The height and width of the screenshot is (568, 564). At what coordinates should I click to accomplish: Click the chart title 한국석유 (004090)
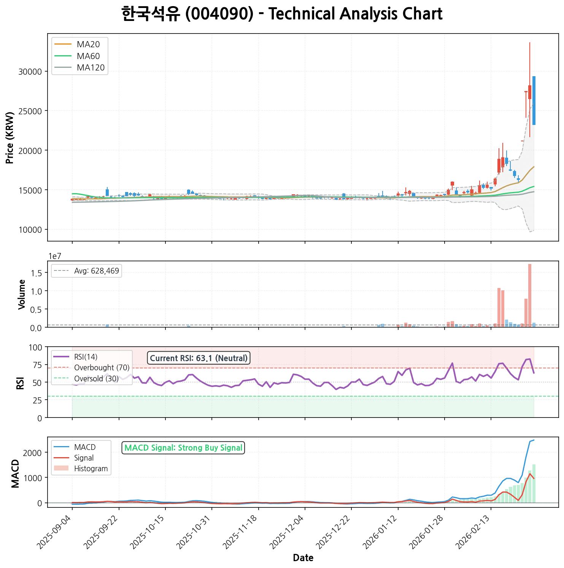[x=282, y=14]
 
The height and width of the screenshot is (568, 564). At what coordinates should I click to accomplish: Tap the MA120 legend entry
[x=91, y=68]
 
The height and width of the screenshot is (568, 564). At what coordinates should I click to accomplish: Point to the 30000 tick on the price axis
[x=30, y=72]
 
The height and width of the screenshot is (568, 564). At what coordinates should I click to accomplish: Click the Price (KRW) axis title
[x=10, y=138]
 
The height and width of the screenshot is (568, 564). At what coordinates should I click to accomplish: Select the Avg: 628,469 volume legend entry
[x=97, y=271]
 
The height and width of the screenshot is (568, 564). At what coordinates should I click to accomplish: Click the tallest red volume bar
[x=530, y=295]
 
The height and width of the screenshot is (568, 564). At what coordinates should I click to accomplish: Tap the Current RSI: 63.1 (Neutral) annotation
[x=199, y=358]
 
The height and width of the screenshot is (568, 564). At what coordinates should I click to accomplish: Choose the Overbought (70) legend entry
[x=102, y=368]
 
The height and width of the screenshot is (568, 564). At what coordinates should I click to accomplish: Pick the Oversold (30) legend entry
[x=96, y=379]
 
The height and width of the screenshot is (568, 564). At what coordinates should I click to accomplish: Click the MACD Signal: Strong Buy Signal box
[x=183, y=448]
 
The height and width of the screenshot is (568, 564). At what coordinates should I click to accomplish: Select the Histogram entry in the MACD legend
[x=91, y=469]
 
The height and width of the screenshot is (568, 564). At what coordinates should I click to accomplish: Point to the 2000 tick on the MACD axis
[x=34, y=453]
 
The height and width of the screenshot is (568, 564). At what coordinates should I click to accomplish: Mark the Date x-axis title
[x=303, y=558]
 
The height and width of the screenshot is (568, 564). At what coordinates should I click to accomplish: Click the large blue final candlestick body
[x=534, y=101]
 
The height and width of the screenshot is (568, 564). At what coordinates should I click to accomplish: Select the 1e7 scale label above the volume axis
[x=55, y=256]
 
